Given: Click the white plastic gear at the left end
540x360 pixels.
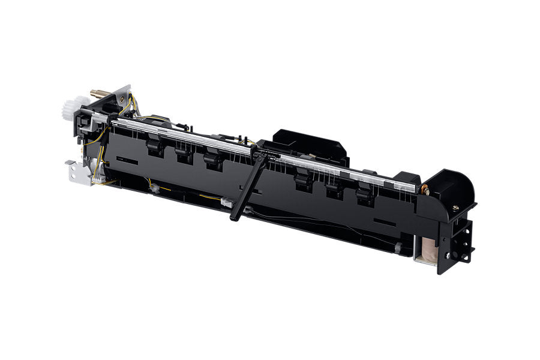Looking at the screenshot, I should [70, 109].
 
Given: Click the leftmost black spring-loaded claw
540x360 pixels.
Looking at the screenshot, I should [154, 145].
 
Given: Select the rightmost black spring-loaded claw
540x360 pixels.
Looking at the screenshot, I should [365, 196].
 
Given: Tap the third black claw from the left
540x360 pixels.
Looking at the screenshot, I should [212, 159].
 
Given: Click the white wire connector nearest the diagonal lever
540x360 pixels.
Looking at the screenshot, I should [227, 203].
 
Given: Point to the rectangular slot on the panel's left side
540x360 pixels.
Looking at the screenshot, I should [127, 161].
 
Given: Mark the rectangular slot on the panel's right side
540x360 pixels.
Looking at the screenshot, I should [384, 224].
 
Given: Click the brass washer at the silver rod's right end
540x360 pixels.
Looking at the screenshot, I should [425, 190].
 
